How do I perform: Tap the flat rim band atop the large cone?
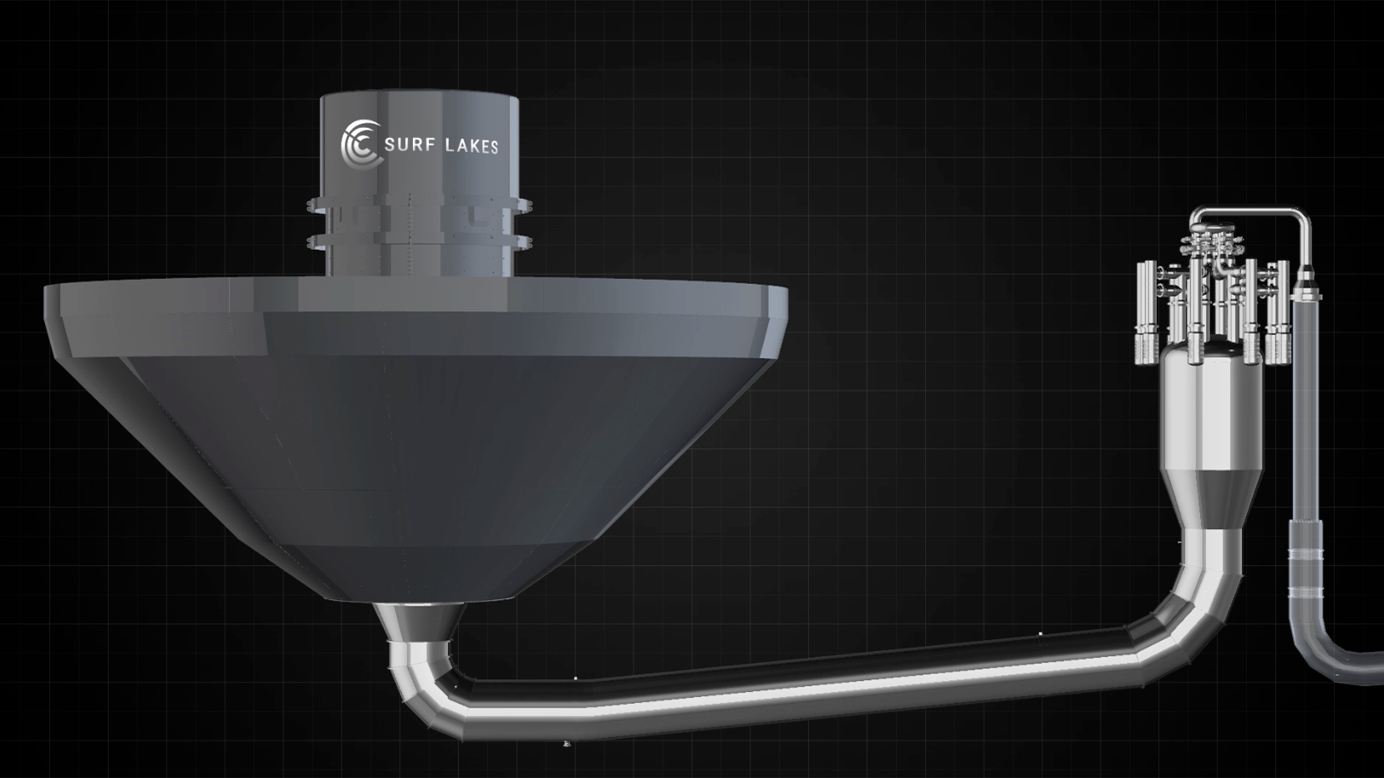click(416, 296)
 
